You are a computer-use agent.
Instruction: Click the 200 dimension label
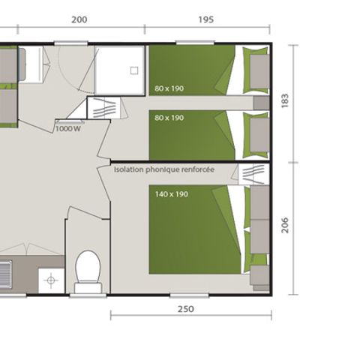pyautogui.click(x=79, y=20)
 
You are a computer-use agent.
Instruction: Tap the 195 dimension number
pyautogui.click(x=208, y=20)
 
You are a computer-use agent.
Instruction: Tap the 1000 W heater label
pyautogui.click(x=67, y=128)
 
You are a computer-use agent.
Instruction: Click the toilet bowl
pyautogui.click(x=88, y=267)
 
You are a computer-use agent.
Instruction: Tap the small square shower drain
pyautogui.click(x=134, y=70)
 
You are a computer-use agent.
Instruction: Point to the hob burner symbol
pyautogui.click(x=51, y=280)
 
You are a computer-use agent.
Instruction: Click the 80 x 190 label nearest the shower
pyautogui.click(x=169, y=88)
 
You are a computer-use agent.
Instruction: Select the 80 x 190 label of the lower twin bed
pyautogui.click(x=169, y=118)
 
